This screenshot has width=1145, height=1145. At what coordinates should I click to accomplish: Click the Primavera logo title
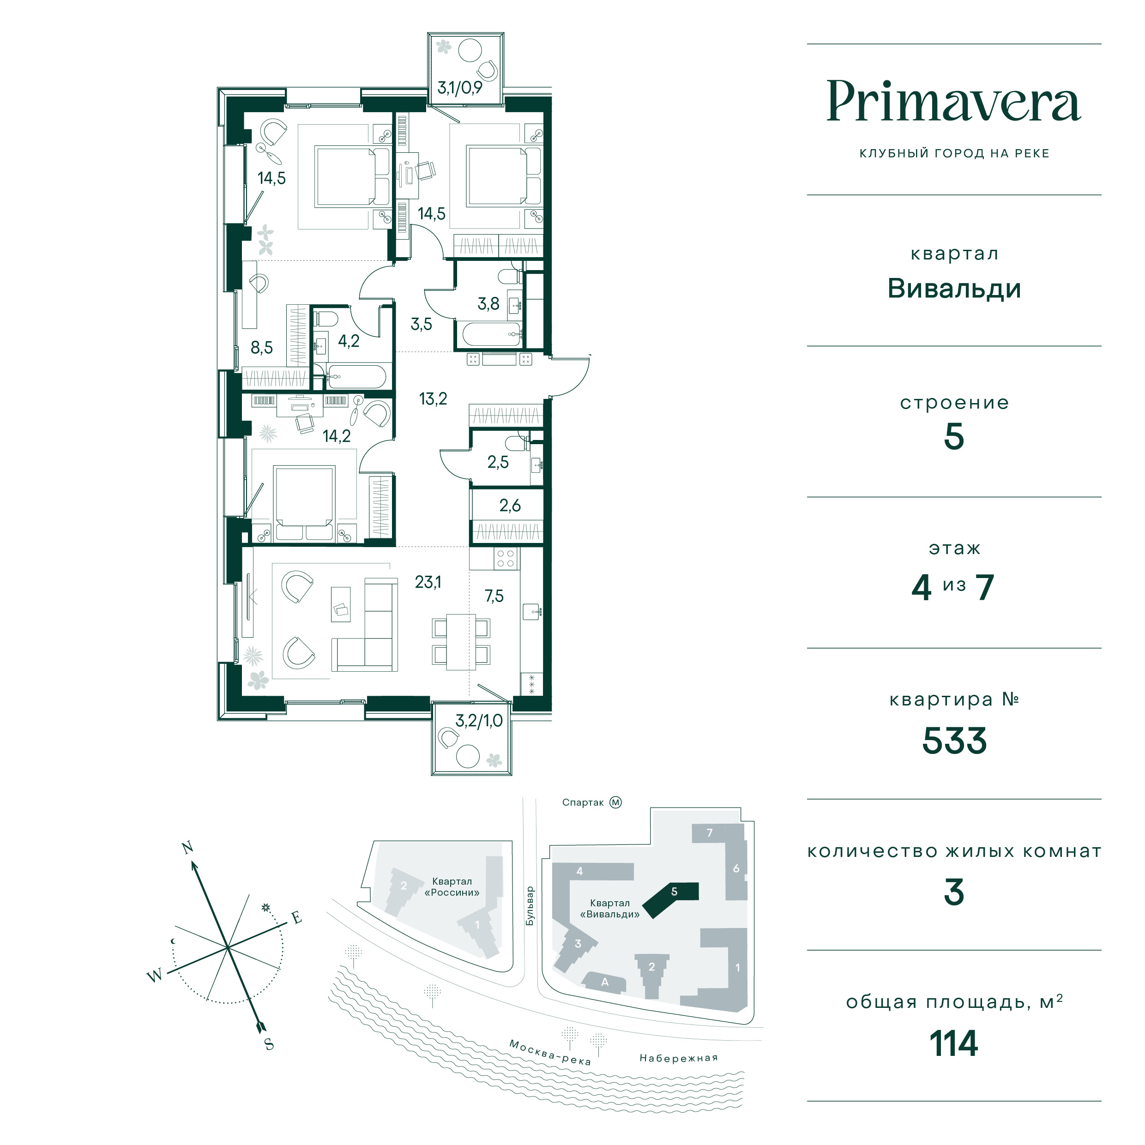coord(953,102)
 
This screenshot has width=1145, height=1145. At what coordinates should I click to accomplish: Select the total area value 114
coord(953,1043)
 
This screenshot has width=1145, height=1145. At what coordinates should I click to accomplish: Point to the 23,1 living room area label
coord(428,583)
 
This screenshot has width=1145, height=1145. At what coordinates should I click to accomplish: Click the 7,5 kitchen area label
coord(494,596)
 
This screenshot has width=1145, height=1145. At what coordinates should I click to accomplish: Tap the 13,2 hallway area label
coord(433,399)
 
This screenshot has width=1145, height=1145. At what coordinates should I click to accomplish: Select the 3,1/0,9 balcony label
coord(460,88)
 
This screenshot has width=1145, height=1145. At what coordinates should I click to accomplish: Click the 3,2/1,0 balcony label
coord(479,721)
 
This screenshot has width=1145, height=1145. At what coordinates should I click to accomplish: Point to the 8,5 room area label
coord(261,347)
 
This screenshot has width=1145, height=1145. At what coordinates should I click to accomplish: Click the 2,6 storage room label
coord(510,506)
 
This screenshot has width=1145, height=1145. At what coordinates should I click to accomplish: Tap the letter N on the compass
coord(187,848)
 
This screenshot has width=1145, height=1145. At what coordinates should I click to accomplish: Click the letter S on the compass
coord(269,1044)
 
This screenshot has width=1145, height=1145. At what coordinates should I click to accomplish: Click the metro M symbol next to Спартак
coord(616,802)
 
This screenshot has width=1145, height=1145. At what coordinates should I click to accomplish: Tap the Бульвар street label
coord(530,906)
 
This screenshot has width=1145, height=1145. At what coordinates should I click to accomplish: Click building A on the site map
coord(604,982)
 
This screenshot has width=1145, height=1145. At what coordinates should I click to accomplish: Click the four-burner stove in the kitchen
coord(506,558)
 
